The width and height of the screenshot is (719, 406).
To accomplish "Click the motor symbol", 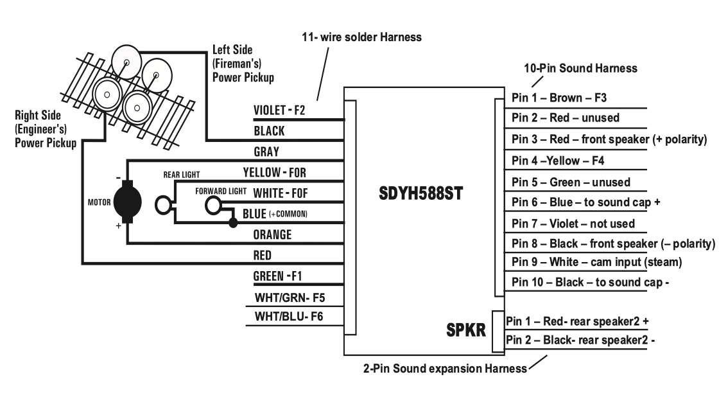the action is coord(128,202).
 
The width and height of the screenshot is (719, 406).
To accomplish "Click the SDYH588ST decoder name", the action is coord(420,193).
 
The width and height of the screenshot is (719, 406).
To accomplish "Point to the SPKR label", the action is coord(466,330).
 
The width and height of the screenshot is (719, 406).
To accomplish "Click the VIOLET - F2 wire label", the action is coord(279,110).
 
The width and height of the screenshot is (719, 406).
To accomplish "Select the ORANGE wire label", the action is coord(272,234).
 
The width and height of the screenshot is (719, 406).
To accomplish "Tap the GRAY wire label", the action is coord(266,152).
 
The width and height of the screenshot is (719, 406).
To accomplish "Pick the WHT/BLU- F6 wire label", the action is coord(289,316).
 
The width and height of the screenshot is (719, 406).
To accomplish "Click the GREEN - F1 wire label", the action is coord(278,276).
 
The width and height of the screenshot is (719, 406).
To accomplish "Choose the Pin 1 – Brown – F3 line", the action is coord(559,98).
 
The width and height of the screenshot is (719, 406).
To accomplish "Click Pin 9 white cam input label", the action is coord(596,262).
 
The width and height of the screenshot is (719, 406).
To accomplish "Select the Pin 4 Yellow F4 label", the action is coord(558,161).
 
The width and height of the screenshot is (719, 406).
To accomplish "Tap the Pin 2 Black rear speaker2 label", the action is coord(580,340).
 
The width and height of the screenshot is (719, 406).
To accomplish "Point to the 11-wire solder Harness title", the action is coord(361,37).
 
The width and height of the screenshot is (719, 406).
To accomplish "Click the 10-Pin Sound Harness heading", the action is coord(580,68).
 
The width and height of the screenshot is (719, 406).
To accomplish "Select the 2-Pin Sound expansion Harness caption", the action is coord(445,368).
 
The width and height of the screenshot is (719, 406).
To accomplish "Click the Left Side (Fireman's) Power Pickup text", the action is coord(243,64).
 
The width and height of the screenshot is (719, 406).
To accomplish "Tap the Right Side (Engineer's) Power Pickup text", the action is coord(46,129).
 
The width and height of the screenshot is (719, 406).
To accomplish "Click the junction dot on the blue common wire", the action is coord(233,223).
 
